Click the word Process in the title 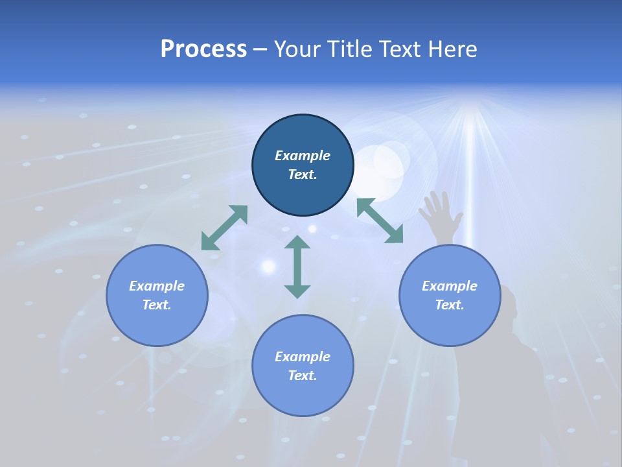point(203,49)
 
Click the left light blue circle point(157,324)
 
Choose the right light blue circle point(450,324)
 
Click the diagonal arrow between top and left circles point(224,228)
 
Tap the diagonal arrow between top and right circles point(380,221)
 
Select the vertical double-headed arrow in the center point(297,267)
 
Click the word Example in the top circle point(303,156)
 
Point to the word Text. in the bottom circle point(303,376)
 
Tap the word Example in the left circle point(157,286)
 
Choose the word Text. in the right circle point(450,305)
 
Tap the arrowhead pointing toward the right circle point(395,235)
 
